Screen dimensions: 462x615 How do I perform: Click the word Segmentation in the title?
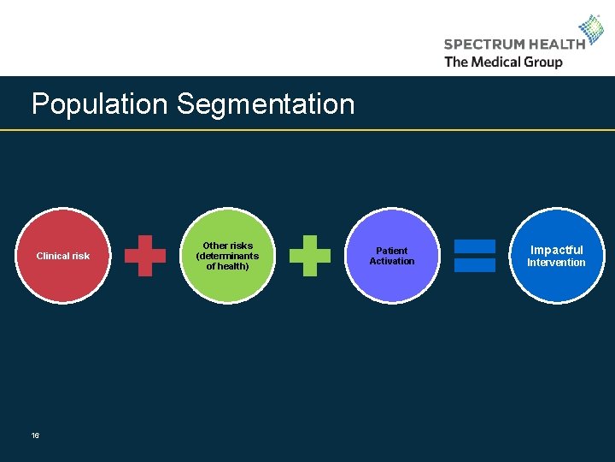(x=265, y=104)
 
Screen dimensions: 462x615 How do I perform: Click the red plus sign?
(x=145, y=256)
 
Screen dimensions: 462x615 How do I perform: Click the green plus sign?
(x=309, y=256)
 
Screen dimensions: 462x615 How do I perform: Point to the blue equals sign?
(x=474, y=256)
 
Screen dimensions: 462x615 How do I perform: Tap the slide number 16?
(x=35, y=435)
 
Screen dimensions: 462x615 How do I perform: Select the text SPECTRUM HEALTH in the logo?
(x=514, y=44)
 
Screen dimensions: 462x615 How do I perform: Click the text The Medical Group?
(x=503, y=62)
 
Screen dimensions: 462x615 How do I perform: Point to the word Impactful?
(x=556, y=250)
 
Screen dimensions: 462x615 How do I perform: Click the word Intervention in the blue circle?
(x=556, y=263)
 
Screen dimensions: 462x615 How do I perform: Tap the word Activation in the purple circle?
(x=392, y=262)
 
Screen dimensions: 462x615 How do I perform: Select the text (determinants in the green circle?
(x=227, y=256)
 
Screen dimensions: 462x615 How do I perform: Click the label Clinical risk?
(x=62, y=256)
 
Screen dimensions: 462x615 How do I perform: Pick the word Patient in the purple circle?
(x=392, y=251)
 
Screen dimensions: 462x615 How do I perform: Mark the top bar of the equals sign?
(x=474, y=246)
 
